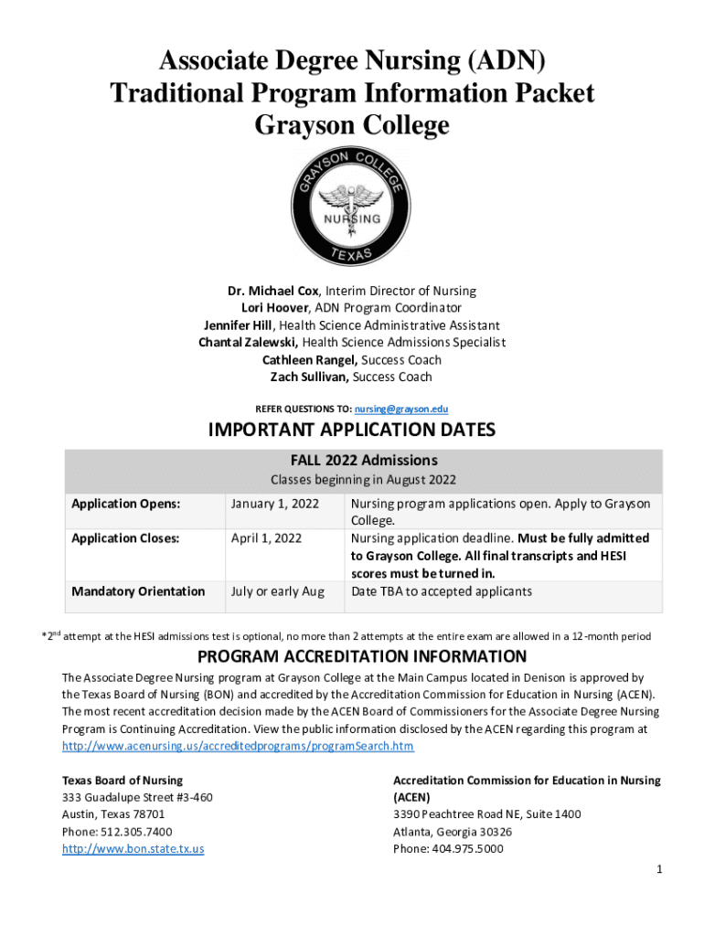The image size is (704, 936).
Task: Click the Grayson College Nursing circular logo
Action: [x=352, y=207]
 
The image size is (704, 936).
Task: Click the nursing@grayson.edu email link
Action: [x=404, y=409]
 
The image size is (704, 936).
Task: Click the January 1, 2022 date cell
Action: [x=274, y=504]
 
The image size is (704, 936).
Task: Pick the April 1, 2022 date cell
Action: [x=266, y=538]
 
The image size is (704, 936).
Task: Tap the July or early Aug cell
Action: [x=278, y=591]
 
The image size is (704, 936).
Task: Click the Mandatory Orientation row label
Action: [x=138, y=591]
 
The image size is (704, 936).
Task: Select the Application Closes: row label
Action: [x=125, y=538]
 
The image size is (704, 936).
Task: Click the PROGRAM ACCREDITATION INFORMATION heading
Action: [x=362, y=656]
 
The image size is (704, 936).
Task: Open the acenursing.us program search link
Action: [x=238, y=746]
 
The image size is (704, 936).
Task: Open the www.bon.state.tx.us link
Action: [x=133, y=848]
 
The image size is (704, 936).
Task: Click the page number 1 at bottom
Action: [x=658, y=868]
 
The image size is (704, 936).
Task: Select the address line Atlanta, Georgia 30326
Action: [x=453, y=831]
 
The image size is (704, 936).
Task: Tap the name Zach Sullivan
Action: [x=310, y=377]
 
